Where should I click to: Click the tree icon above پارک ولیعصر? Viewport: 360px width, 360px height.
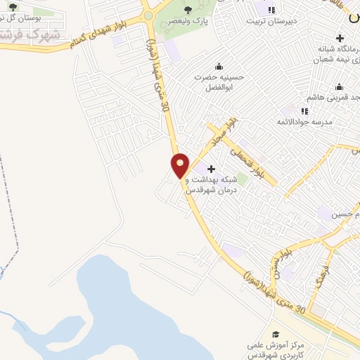[187, 9]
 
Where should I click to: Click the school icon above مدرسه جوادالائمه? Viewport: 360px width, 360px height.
[304, 110]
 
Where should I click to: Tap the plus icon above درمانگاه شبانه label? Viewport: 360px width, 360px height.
[340, 38]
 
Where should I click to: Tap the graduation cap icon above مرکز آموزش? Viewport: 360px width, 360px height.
[276, 335]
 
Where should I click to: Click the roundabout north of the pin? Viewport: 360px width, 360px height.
[148, 15]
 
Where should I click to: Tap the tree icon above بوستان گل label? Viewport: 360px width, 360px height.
[13, 6]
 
